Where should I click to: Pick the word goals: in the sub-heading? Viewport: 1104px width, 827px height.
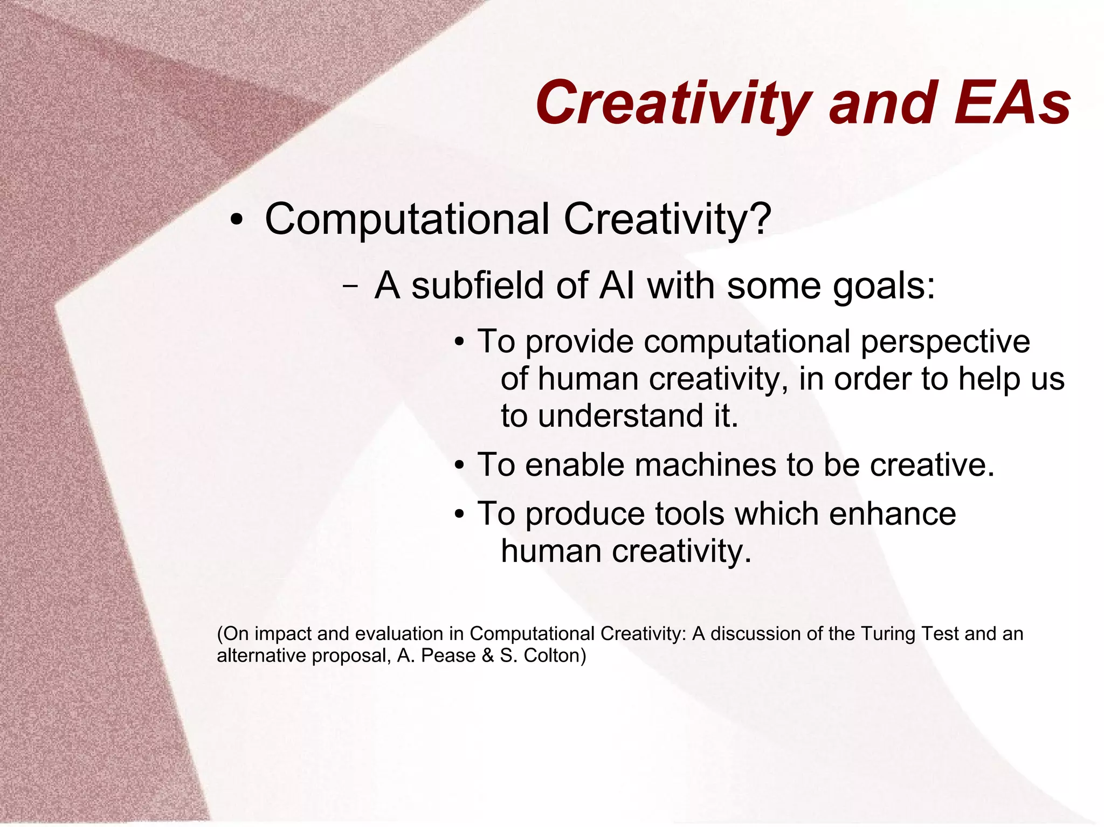click(x=884, y=286)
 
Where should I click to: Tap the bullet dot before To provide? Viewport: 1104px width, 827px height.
click(x=459, y=343)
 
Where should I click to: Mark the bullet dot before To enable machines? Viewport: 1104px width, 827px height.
click(x=459, y=465)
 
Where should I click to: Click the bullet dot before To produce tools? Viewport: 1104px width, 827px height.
click(x=459, y=515)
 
